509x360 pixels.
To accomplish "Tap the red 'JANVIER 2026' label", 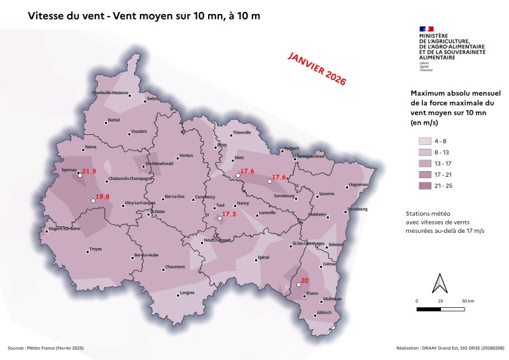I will click(317, 69).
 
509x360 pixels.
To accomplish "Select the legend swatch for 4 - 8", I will click(424, 141).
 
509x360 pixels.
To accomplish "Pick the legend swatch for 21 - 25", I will click(424, 185).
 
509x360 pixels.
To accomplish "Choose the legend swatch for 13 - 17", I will click(424, 163).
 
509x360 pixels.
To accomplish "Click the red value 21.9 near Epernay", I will click(89, 172).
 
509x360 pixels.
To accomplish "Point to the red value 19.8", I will click(102, 197).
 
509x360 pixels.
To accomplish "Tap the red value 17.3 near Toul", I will click(229, 215).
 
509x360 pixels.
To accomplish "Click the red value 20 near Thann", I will click(304, 280).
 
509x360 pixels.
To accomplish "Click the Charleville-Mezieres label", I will click(114, 93).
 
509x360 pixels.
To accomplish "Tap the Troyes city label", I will click(96, 249).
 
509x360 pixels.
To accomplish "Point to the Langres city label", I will click(187, 293).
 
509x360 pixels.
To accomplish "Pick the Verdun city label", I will click(186, 155).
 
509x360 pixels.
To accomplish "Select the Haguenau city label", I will click(359, 185).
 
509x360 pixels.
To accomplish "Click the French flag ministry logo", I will click(426, 29).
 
